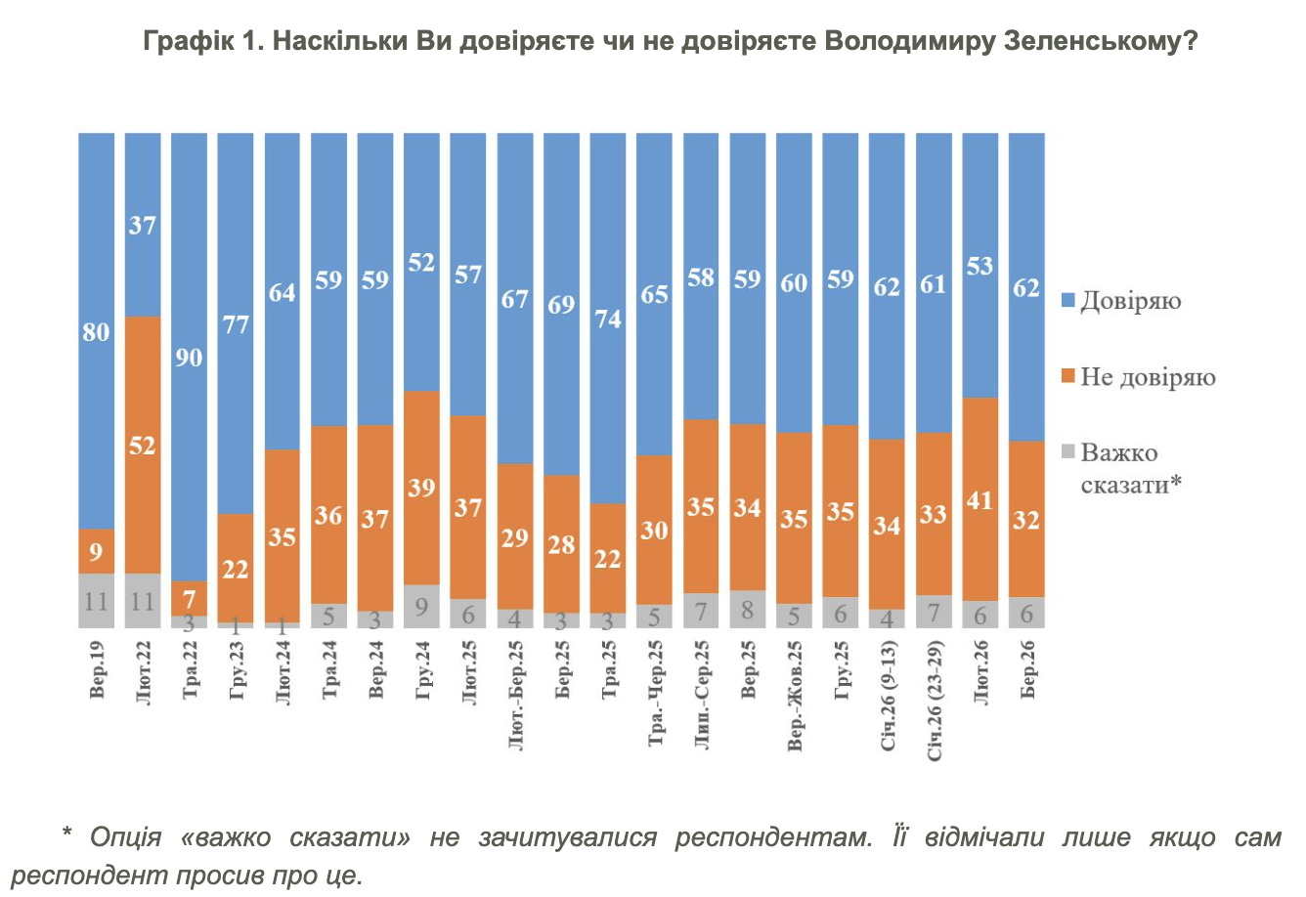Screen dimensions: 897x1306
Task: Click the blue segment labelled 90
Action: point(190,357)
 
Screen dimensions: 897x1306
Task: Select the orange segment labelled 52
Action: point(143,445)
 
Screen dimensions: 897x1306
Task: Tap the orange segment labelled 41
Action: point(979,499)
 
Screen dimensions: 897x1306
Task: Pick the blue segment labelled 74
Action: point(608,318)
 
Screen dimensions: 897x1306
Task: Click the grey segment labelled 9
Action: point(421,606)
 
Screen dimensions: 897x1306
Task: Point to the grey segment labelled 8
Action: point(748,609)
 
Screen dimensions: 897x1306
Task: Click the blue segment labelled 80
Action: point(96,331)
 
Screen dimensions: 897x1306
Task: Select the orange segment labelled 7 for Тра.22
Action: point(190,598)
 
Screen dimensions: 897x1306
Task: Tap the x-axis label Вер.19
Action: point(97,670)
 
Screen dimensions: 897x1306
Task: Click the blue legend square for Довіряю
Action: point(1068,301)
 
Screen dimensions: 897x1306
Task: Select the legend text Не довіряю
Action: point(1148,377)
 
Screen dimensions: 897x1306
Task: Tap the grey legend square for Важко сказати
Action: point(1068,452)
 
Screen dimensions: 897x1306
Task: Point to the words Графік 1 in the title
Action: point(200,41)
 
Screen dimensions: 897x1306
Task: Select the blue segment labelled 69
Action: point(561,304)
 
